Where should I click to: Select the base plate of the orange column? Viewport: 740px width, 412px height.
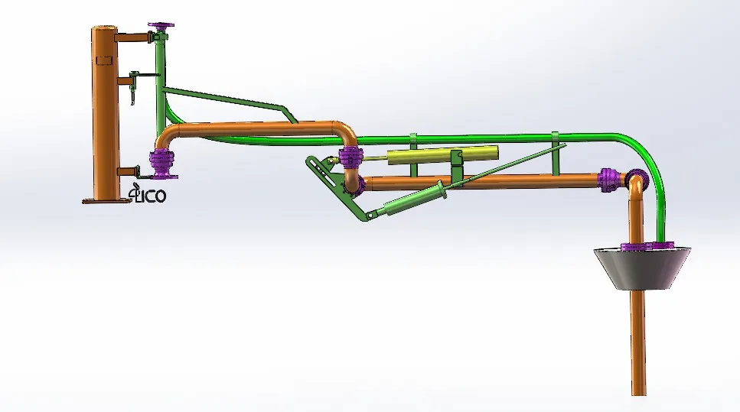tap(103, 201)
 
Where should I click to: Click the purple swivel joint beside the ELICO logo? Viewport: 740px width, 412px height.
tap(162, 163)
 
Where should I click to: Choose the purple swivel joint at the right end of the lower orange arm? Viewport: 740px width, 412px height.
tap(608, 180)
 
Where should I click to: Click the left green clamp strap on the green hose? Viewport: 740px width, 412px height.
tap(413, 141)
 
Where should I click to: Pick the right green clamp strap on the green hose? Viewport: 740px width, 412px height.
tap(556, 138)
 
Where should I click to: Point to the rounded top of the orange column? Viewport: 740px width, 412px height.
tap(102, 29)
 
